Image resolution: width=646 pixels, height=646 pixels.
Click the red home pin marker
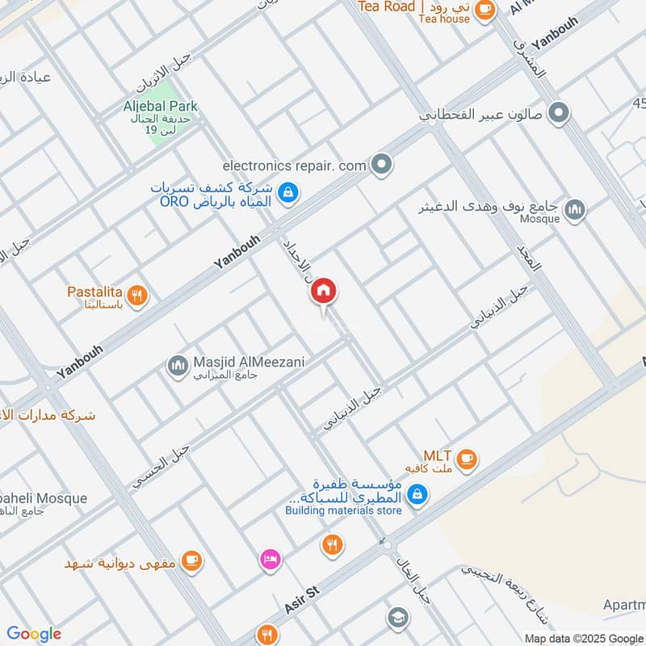tap(324, 292)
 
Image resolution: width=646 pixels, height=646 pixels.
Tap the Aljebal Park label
tap(161, 106)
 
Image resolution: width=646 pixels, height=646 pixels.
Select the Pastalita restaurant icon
tap(138, 296)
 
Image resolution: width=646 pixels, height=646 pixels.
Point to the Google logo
tap(34, 634)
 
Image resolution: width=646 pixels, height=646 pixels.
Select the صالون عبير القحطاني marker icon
tap(557, 114)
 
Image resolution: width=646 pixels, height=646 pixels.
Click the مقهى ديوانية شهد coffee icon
tap(191, 560)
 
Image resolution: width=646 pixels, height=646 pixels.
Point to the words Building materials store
tap(343, 510)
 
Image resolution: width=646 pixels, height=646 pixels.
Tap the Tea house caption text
tap(444, 19)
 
